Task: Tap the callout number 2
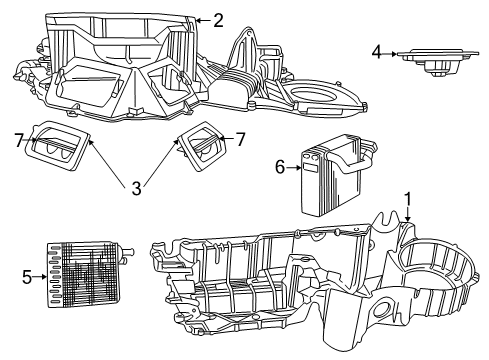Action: [218, 18]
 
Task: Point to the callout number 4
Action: [377, 52]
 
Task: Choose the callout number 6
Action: [280, 169]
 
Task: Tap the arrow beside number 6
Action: [295, 169]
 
